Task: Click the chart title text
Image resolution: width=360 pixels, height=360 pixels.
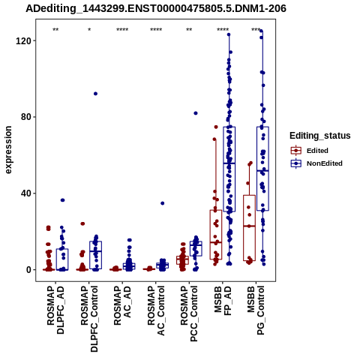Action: coord(156,8)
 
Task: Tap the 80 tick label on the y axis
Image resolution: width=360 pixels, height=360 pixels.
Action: coord(25,117)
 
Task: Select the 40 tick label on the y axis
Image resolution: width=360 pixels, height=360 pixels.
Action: coord(25,193)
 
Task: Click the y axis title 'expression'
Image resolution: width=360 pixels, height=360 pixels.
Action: coord(8,150)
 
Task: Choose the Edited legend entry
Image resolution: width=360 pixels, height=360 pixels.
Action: coord(309,151)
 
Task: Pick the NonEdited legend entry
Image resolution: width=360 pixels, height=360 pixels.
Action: coord(316,163)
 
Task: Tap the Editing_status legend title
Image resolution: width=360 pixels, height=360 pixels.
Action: coord(320,136)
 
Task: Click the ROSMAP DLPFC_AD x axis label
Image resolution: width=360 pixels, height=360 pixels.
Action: coord(55,310)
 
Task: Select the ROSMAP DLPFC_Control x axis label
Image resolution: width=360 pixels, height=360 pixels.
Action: coord(89,319)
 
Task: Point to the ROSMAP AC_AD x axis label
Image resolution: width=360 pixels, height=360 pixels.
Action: coord(122,305)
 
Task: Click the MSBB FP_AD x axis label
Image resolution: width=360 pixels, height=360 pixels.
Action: coord(223,301)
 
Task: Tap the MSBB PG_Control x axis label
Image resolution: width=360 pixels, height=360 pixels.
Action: coord(256,310)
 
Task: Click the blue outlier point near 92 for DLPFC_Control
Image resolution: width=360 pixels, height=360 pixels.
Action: coord(95,94)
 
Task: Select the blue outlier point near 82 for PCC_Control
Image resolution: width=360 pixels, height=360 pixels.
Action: coord(196,113)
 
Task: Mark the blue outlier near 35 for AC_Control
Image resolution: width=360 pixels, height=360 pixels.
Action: coord(163,203)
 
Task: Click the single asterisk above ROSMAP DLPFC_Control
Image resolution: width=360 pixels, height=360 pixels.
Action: coord(89,30)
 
